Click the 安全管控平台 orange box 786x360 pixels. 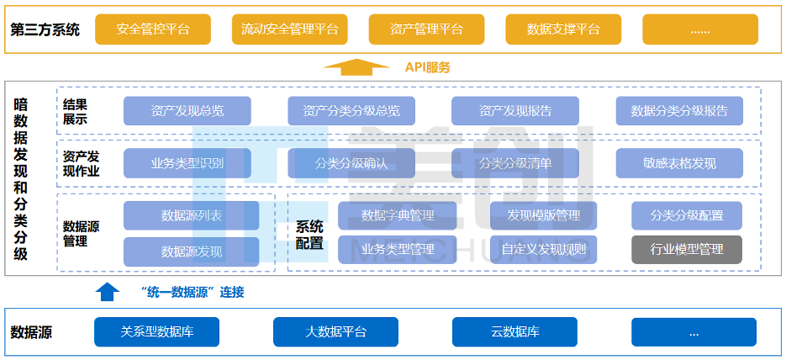153,29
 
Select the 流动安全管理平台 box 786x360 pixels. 290,29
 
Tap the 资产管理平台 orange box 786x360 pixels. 426,29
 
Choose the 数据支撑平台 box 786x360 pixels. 563,29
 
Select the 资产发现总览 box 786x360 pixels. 187,111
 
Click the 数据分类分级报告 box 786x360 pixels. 679,111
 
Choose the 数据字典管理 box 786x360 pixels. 398,215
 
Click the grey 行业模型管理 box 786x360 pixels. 687,250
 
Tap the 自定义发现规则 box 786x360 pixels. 543,250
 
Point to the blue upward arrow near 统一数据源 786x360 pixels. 108,292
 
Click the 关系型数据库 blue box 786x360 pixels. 157,331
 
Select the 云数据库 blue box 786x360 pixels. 514,331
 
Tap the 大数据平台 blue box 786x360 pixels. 335,331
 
